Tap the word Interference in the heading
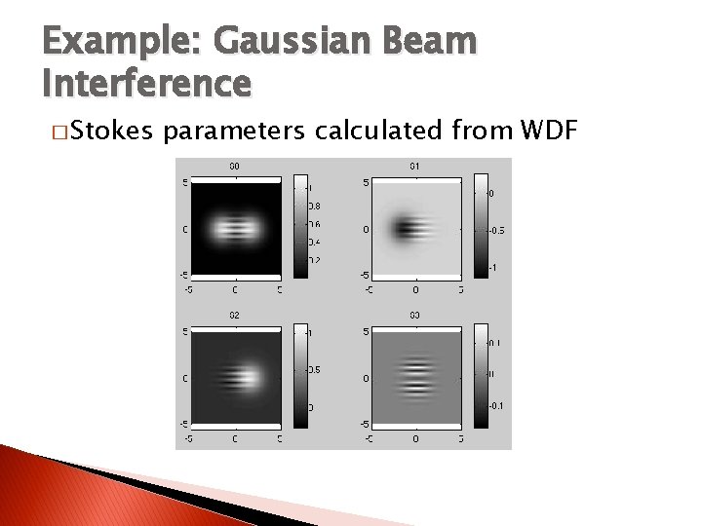(147, 84)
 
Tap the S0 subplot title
(234, 167)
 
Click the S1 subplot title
(414, 167)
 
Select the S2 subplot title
(234, 316)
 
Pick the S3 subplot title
(414, 316)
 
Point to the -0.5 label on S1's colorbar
(496, 231)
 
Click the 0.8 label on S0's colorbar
(315, 206)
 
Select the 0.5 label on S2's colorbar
(315, 370)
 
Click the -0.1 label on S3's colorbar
(496, 405)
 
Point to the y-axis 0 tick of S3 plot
(366, 378)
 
